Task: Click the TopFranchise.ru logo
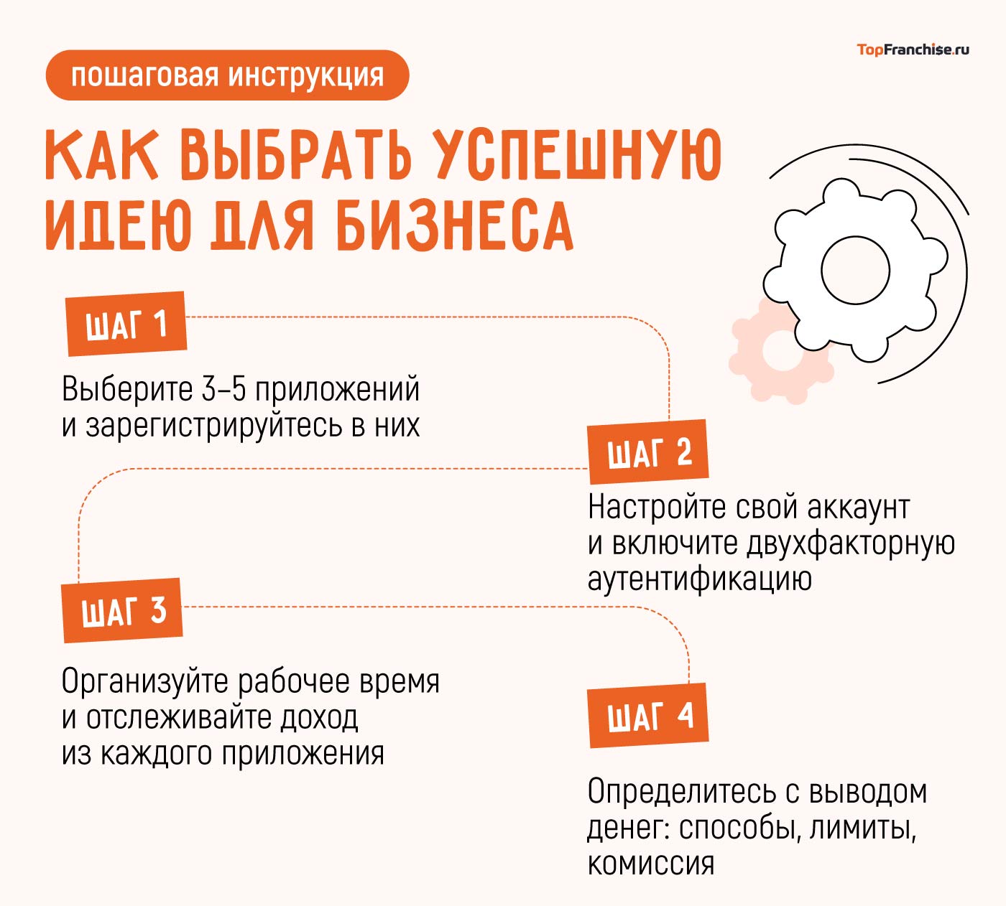click(x=913, y=50)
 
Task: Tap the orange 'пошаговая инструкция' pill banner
click(x=227, y=75)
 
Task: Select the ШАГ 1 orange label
click(x=126, y=324)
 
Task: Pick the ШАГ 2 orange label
click(x=648, y=452)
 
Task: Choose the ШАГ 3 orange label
click(x=122, y=610)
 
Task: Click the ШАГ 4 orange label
click(x=648, y=716)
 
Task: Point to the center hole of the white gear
click(x=855, y=270)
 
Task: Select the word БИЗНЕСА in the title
click(x=455, y=225)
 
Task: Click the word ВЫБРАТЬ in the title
click(x=296, y=154)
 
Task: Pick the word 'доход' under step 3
click(x=319, y=718)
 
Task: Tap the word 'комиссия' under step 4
click(x=651, y=864)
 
